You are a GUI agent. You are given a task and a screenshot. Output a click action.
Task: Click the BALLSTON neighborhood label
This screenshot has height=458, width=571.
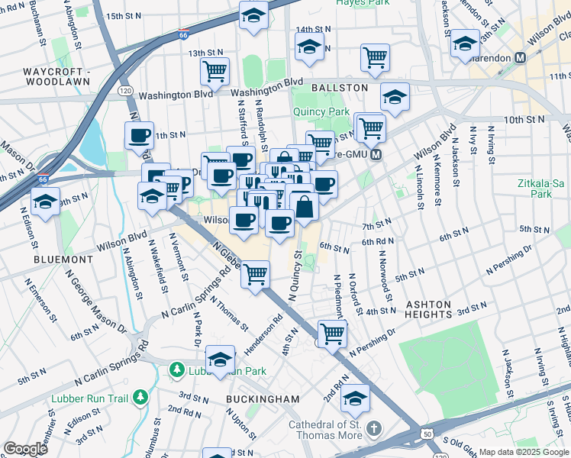click(x=340, y=88)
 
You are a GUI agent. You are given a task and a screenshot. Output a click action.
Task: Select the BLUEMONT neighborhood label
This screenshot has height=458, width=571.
click(x=63, y=260)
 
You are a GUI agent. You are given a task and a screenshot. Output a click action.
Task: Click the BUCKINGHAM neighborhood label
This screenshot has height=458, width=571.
click(x=263, y=399)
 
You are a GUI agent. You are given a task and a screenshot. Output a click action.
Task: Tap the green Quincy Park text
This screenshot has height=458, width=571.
click(x=321, y=111)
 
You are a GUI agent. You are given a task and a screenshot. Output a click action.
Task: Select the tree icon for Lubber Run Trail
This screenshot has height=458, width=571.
click(x=140, y=397)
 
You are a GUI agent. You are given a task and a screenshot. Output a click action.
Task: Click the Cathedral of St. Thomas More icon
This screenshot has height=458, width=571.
click(x=374, y=426)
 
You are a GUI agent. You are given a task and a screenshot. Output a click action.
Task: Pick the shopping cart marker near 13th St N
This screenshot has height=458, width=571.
click(x=215, y=70)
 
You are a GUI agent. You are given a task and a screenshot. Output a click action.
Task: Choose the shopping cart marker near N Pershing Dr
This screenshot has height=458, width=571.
click(x=332, y=332)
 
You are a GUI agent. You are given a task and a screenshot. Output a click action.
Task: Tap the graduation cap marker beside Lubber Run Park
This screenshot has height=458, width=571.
click(x=220, y=359)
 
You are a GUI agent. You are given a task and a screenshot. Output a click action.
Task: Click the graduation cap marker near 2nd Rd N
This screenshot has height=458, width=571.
click(x=355, y=398)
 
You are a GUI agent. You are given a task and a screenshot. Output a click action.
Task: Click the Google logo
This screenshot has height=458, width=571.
click(x=24, y=449)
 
